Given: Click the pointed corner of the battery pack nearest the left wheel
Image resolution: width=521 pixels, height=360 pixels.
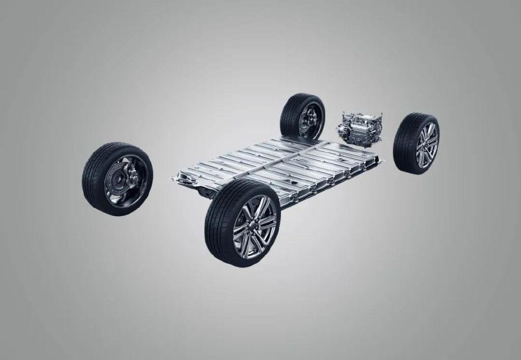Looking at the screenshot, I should (x=176, y=177).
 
